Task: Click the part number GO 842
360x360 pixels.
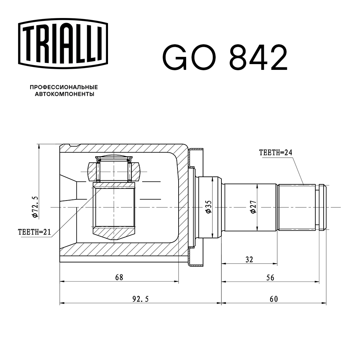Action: (225, 58)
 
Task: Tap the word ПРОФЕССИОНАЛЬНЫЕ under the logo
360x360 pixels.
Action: (64, 87)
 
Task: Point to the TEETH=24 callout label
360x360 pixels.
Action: (275, 152)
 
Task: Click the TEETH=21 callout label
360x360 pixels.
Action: (34, 232)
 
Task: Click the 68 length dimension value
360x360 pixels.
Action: (119, 277)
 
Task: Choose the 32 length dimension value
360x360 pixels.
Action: (249, 259)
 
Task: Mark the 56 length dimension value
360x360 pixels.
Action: (270, 277)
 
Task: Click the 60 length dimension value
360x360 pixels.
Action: (274, 298)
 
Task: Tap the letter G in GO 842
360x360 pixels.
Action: (175, 58)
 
